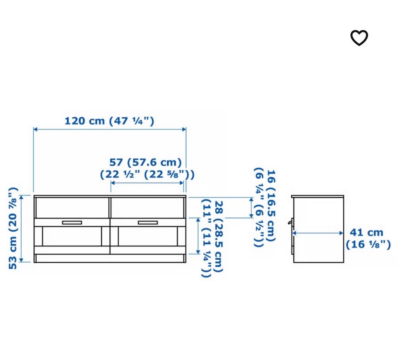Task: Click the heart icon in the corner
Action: (359, 38)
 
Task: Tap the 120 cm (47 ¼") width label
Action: (110, 121)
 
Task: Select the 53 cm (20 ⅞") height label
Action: (13, 228)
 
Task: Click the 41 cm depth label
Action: (366, 232)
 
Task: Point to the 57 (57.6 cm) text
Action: (145, 162)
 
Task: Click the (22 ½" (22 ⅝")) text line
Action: (147, 174)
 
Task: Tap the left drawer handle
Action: (72, 222)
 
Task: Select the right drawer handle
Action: (147, 222)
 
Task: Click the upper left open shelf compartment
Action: (72, 208)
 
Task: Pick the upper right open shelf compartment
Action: (147, 208)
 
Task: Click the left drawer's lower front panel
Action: (72, 236)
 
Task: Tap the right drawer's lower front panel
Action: (147, 236)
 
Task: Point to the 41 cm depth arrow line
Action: (317, 233)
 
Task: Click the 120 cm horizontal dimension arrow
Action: (110, 129)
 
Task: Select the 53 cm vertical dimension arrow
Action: (21, 228)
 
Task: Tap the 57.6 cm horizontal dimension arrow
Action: (147, 183)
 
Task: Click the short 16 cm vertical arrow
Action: (251, 208)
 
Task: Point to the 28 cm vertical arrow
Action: (198, 236)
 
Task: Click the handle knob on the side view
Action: (290, 222)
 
